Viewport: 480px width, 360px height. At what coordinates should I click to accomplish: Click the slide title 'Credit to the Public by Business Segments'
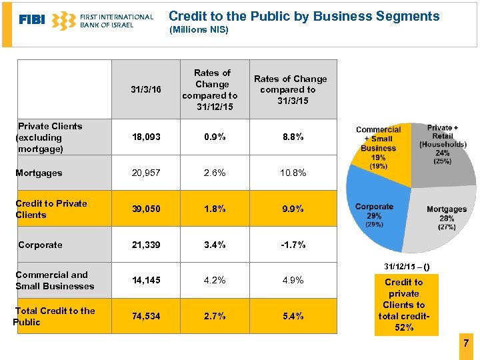click(304, 16)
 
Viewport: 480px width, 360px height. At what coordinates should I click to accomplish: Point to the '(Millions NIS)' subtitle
click(199, 30)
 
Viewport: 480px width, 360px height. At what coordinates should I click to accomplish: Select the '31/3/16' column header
click(146, 89)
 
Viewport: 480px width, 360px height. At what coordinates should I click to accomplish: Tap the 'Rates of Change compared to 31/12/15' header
click(212, 90)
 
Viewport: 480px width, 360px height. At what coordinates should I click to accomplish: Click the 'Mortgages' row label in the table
click(39, 173)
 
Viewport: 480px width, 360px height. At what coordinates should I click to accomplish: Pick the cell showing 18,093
click(146, 137)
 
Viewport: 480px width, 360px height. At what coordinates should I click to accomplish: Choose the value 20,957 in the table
click(146, 173)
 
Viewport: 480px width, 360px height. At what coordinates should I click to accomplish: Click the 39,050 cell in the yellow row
click(146, 209)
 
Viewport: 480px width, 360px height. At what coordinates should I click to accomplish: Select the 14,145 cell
click(146, 280)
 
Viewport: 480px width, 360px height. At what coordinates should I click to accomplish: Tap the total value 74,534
click(146, 316)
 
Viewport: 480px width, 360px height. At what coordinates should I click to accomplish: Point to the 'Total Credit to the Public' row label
click(55, 316)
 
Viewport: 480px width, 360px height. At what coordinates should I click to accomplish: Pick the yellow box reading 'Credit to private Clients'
click(404, 305)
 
